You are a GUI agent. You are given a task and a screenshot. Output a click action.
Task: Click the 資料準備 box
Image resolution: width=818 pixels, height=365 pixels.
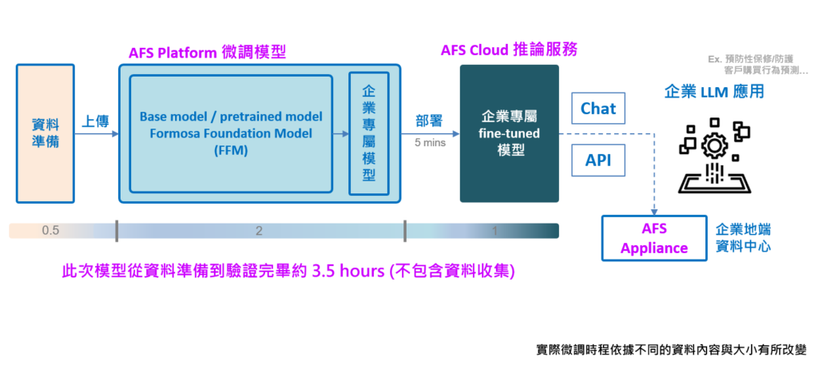45,133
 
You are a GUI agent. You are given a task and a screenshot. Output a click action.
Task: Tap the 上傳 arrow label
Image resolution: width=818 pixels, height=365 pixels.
95,121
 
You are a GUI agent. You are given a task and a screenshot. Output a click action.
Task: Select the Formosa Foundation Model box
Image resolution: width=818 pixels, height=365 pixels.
231,133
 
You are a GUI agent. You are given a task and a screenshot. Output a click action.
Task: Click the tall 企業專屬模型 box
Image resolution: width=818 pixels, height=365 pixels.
368,133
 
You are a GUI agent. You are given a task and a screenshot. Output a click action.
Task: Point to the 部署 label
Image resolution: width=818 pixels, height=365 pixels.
429,121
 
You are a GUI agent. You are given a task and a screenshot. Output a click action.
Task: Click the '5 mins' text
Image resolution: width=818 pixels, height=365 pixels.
430,143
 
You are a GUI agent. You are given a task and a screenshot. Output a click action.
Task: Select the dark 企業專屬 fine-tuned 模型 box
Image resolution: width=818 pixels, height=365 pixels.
509,133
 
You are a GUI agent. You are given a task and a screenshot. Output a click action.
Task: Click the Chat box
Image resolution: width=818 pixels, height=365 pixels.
598,109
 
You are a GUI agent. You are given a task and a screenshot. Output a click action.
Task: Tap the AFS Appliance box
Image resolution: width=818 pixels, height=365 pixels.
653,238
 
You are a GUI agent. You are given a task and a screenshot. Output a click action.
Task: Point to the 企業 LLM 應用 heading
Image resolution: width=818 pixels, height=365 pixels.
714,92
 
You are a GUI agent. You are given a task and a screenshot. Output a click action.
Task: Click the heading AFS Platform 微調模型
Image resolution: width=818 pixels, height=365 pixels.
207,53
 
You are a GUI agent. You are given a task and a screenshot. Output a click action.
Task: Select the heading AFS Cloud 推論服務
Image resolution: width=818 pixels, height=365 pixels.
509,50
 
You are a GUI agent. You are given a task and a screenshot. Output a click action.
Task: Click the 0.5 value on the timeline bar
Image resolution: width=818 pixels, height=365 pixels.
50,231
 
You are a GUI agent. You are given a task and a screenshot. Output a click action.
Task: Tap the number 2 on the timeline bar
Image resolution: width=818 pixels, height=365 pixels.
259,231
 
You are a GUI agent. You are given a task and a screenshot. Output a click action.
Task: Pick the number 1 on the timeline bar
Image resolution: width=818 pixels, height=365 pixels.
495,231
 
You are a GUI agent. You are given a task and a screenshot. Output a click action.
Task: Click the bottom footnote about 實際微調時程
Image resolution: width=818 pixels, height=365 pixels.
671,350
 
